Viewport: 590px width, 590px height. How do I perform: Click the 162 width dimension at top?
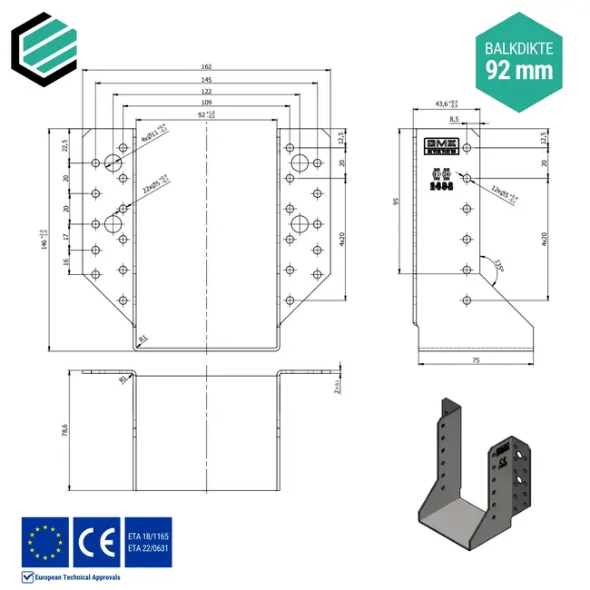[208, 66]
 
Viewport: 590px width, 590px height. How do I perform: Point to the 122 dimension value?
[208, 92]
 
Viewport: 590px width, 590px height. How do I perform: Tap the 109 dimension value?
[208, 103]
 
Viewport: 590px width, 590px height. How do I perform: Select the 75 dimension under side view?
[475, 360]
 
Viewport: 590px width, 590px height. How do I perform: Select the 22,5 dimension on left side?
[65, 145]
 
